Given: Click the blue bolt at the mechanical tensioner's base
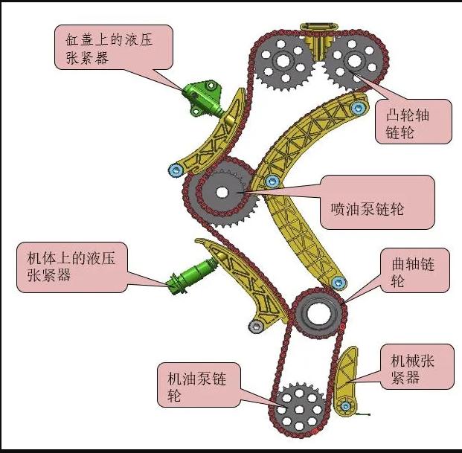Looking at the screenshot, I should [x=345, y=407].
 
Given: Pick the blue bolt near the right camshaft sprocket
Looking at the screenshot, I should [x=359, y=109].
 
